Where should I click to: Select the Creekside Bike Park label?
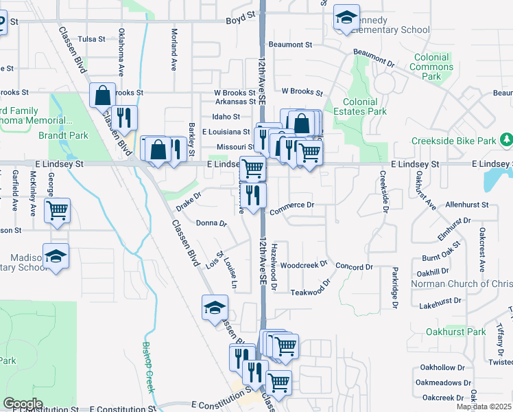click(x=453, y=141)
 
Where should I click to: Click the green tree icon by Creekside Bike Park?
click(x=506, y=140)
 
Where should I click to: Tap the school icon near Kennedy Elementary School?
click(x=346, y=18)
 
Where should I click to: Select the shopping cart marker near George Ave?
click(x=57, y=210)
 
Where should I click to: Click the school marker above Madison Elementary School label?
click(x=56, y=257)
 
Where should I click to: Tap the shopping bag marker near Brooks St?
click(x=102, y=96)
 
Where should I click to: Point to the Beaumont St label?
click(x=290, y=45)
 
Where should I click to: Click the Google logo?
click(x=23, y=403)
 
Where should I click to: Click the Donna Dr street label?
click(x=211, y=223)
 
